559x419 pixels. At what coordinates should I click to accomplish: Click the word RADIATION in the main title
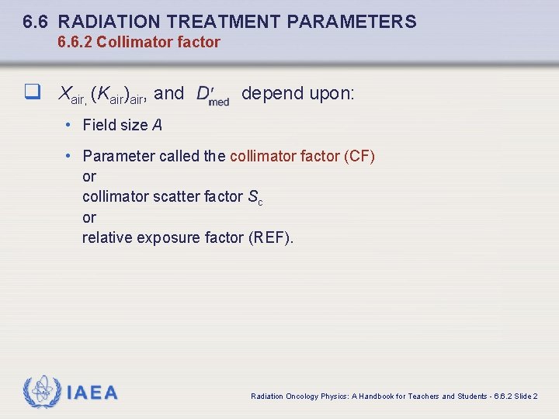pyautogui.click(x=106, y=22)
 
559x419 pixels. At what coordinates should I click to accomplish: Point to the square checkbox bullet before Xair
pyautogui.click(x=31, y=93)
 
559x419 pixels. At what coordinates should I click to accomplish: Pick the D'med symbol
pyautogui.click(x=212, y=95)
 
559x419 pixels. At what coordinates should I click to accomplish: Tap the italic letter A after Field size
pyautogui.click(x=158, y=125)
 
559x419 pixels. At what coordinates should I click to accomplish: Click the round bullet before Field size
pyautogui.click(x=69, y=125)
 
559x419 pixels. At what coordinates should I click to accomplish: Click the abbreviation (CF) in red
pyautogui.click(x=359, y=156)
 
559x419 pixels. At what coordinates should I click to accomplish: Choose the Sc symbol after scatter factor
pyautogui.click(x=255, y=198)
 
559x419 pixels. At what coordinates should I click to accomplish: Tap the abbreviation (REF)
pyautogui.click(x=271, y=237)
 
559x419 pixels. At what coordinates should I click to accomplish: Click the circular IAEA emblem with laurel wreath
pyautogui.click(x=43, y=392)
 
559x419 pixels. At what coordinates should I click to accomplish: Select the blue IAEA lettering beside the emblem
pyautogui.click(x=92, y=393)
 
